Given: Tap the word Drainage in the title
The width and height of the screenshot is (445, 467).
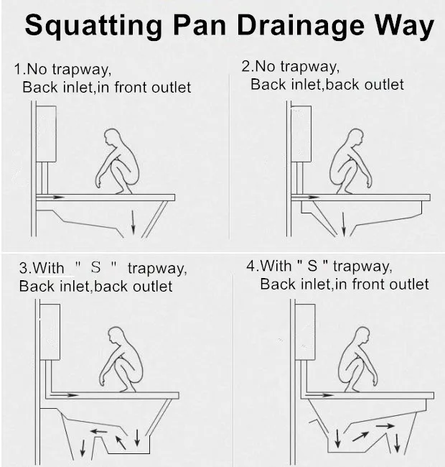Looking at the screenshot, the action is click(301, 26).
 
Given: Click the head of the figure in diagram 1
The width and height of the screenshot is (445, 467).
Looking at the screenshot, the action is click(113, 137).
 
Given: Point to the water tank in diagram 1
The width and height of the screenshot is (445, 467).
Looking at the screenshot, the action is click(46, 134).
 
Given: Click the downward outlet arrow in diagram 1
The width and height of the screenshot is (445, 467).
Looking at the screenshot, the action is click(133, 222).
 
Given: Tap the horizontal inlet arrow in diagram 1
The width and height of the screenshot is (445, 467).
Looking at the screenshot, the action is click(50, 197).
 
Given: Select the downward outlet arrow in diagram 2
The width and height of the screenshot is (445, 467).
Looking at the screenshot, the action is click(344, 223).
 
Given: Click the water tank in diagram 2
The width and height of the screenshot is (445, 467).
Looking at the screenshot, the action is click(301, 134).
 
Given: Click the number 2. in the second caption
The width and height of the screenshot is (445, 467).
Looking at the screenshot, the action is click(248, 66).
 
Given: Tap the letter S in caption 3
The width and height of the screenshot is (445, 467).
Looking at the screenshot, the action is click(95, 267).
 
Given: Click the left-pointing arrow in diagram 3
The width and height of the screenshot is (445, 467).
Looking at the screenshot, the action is click(99, 431).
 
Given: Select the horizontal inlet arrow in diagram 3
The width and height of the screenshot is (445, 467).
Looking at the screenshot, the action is click(64, 395).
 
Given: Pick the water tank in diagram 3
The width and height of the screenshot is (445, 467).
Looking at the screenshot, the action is click(50, 332).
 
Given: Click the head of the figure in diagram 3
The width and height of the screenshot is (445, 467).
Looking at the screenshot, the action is click(116, 336).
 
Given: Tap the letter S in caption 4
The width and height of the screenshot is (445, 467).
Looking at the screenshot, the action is click(312, 266).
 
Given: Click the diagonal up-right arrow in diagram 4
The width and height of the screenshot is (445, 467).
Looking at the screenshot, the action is click(360, 437).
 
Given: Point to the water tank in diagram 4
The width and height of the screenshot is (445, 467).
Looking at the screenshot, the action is click(305, 332).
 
